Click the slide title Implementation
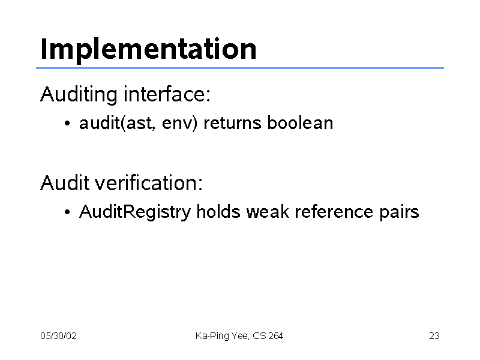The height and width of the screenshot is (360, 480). pos(148,50)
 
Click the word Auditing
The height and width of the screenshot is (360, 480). pos(79,95)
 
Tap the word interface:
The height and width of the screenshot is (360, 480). pos(167,94)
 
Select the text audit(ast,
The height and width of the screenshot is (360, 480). pos(117,123)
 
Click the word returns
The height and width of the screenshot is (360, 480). pos(232,123)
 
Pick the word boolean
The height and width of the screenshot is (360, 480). pos(301,122)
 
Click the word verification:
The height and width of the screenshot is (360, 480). pos(148,183)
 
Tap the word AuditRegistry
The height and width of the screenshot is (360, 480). pos(135,212)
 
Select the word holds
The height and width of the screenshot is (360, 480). pos(218,211)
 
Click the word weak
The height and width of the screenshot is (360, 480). pos(268,211)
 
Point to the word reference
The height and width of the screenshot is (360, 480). pos(334,211)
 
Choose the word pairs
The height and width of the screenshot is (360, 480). pos(400,212)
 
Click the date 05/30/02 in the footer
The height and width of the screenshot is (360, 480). pos(58,336)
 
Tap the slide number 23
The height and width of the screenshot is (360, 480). pos(434,336)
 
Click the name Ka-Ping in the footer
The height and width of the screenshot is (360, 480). pos(212,336)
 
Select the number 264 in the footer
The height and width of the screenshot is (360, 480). pos(276,336)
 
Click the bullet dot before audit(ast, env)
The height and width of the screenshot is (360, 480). pos(67,124)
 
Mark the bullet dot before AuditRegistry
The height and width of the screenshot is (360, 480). pos(67,212)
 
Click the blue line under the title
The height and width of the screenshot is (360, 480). pos(240,68)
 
